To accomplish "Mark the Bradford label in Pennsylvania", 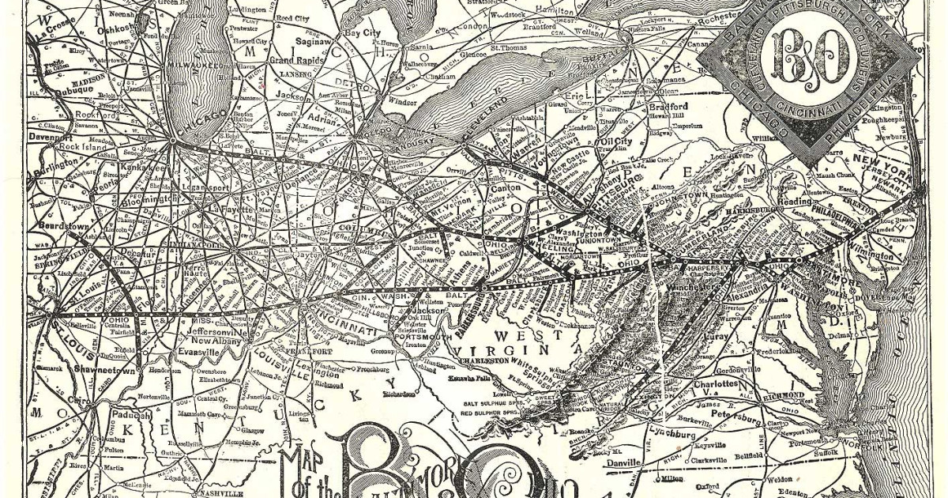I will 668,107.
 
